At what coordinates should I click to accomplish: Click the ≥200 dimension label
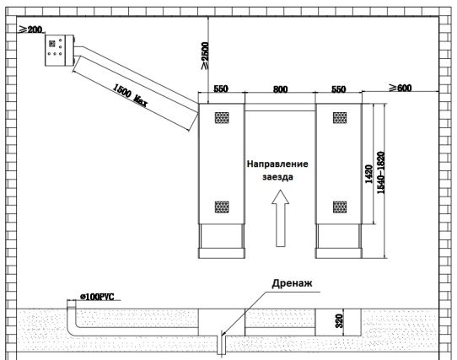coord(31,30)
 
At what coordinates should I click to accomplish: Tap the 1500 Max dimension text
coord(130,95)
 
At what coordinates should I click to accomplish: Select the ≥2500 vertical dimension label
coord(205,56)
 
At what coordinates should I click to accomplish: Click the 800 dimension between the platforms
coord(281,89)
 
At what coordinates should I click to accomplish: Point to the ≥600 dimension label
coord(401,88)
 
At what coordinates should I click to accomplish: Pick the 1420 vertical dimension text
coord(368,174)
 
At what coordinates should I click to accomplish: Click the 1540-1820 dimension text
coord(381,173)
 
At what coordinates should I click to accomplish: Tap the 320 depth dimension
coord(339,320)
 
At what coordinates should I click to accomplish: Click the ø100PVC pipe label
coord(97,297)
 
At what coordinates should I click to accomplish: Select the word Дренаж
coord(292,283)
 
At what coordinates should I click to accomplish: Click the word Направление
coord(277,164)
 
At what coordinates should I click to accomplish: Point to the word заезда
coord(277,177)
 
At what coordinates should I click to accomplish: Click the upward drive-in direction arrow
coord(281,218)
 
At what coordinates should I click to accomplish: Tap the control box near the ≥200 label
coord(60,51)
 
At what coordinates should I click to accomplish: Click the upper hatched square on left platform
coord(222,117)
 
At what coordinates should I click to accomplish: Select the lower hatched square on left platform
coord(222,207)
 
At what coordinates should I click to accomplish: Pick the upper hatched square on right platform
coord(340,117)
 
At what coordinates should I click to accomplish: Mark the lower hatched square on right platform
coord(340,207)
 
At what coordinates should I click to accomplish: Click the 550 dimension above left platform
coord(221,89)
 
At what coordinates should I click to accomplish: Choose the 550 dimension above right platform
coord(339,89)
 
